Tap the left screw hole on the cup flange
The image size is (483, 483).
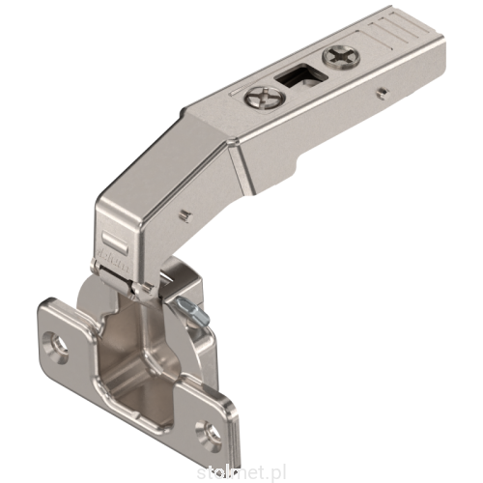[x=58, y=342]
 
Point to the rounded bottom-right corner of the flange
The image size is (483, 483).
[x=224, y=440]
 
